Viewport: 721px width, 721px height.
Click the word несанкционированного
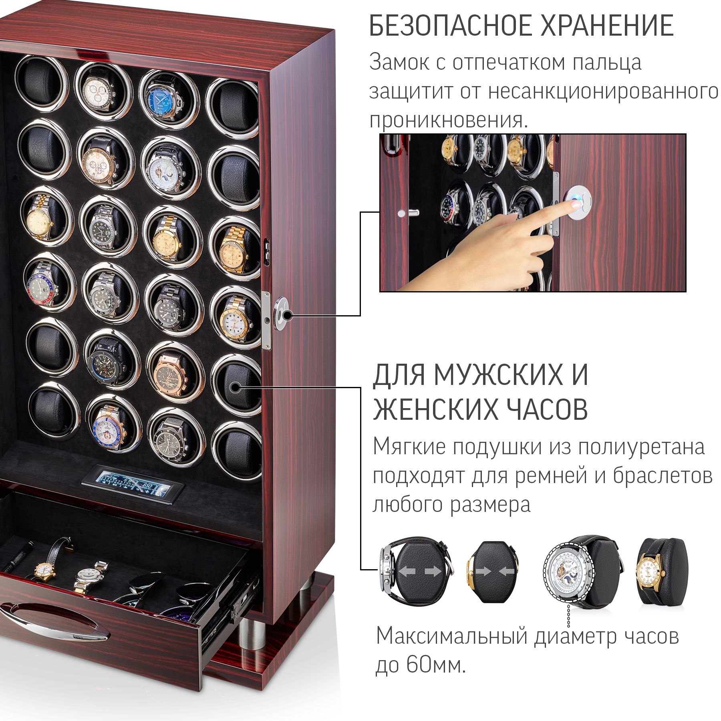[603, 91]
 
